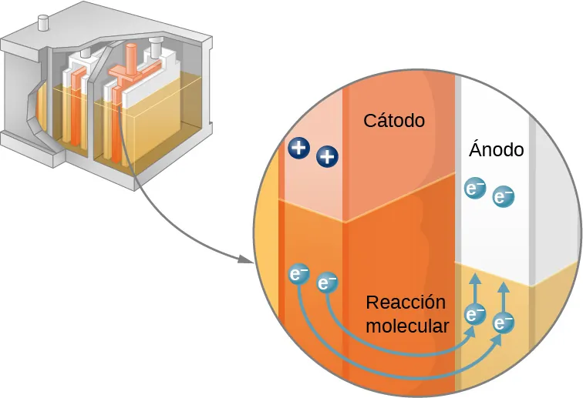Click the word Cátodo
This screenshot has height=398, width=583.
[x=394, y=121]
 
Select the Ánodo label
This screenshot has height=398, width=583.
[x=496, y=149]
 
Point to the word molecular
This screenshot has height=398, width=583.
[x=406, y=326]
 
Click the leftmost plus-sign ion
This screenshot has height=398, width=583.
[x=298, y=148]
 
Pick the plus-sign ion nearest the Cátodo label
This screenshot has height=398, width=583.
[x=328, y=158]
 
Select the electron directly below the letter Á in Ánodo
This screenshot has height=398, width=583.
[x=474, y=188]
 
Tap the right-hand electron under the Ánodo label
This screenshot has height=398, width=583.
[x=503, y=197]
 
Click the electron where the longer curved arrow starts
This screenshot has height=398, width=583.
[x=298, y=274]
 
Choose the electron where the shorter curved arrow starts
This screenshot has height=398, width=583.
[x=327, y=283]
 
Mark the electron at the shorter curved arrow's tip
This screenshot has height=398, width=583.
[x=475, y=314]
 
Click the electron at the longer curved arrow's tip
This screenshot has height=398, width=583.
[x=504, y=323]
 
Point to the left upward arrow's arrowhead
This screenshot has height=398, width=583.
[x=475, y=278]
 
